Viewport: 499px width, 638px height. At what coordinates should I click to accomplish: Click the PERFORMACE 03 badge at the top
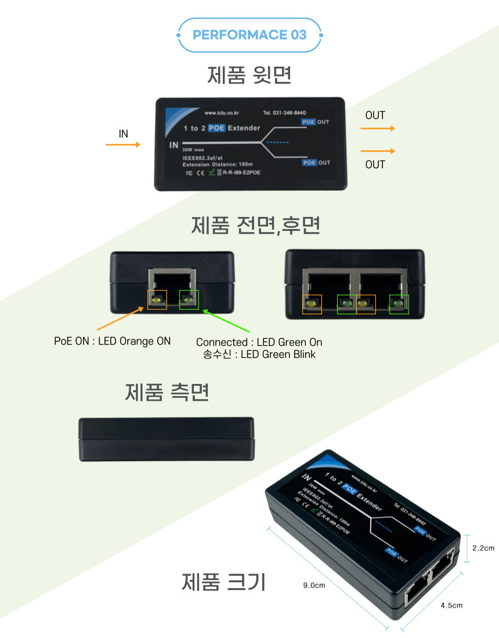pos(249,35)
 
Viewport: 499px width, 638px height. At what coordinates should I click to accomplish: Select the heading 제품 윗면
pos(249,75)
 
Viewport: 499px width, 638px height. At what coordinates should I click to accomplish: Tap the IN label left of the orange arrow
pos(123,133)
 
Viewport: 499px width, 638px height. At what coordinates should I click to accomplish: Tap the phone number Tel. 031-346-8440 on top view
pos(284,113)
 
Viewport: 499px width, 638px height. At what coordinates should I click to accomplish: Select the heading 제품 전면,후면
pos(255,225)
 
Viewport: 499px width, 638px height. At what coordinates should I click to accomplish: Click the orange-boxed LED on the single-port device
pos(157,299)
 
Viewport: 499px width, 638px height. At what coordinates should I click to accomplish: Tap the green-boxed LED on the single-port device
pos(189,299)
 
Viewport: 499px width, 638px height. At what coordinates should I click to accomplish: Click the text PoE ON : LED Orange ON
pos(113,341)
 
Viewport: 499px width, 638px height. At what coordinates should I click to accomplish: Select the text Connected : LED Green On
pos(259,342)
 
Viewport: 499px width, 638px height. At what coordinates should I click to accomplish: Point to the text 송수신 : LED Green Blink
pos(259,354)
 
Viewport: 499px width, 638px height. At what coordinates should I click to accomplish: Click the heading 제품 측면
pos(167,393)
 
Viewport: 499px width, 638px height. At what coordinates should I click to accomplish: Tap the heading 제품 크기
pos(224,581)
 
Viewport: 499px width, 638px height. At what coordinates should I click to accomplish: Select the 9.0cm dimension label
pos(314,585)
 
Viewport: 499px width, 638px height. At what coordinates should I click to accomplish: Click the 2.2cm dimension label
pos(483,548)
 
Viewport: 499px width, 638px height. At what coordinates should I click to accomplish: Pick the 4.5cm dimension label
pos(451,605)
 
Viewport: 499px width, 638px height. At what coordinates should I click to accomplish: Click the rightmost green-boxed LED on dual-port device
pos(399,304)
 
